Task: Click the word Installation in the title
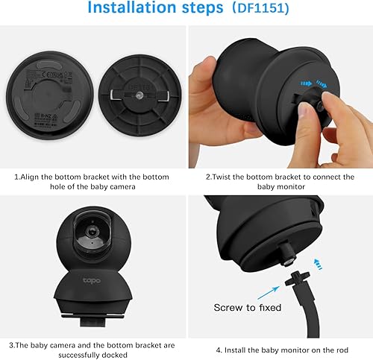[132, 7]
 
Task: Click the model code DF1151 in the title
[261, 8]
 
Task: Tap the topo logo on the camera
[92, 281]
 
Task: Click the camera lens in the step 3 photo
[93, 232]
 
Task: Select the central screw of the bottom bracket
[140, 95]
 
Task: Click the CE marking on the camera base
[47, 75]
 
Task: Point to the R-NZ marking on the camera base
[46, 116]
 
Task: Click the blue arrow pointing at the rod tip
[269, 293]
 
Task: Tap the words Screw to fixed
[248, 308]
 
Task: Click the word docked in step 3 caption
[115, 355]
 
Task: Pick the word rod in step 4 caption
[342, 350]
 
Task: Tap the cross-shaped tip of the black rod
[298, 278]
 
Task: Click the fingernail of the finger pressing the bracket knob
[304, 110]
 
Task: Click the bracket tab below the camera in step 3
[93, 323]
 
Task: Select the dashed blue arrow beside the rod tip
[317, 265]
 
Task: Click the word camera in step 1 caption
[122, 186]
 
